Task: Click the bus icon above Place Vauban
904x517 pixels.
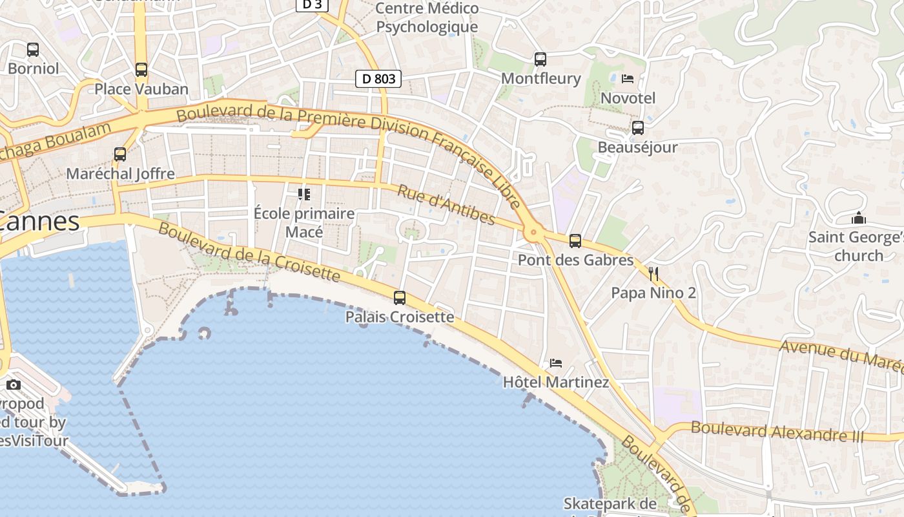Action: click(x=141, y=70)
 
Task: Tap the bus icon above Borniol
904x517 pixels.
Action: click(x=33, y=49)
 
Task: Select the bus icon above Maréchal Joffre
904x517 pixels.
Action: click(x=120, y=154)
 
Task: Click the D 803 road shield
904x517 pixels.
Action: click(x=378, y=79)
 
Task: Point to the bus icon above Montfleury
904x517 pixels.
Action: click(x=540, y=59)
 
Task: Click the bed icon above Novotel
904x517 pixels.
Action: click(x=628, y=79)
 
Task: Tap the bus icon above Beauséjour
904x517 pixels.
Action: click(x=638, y=128)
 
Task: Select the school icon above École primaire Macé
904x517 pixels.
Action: click(x=304, y=194)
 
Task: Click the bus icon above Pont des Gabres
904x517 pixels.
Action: click(x=575, y=241)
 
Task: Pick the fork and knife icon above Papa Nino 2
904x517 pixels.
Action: click(x=653, y=274)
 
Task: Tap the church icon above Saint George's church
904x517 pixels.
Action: click(x=858, y=218)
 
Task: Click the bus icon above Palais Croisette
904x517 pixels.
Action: click(x=400, y=298)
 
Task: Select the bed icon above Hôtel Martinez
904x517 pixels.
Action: click(x=556, y=363)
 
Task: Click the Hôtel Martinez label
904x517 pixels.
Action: click(x=556, y=382)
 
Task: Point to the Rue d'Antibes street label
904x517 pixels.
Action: click(x=446, y=205)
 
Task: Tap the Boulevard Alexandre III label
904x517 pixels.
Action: click(x=777, y=431)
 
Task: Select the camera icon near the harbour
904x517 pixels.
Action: click(x=14, y=385)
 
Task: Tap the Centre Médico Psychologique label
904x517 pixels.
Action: click(x=427, y=17)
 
